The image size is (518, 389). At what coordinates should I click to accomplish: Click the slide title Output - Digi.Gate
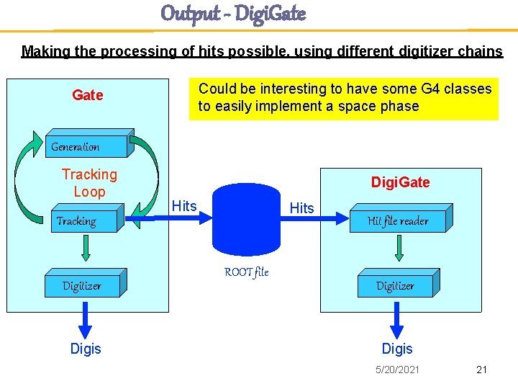point(233,13)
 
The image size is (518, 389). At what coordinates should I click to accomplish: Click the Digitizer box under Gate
point(83,286)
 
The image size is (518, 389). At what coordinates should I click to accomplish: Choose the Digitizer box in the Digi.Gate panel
point(396,286)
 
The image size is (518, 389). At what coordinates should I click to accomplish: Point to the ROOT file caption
point(246,272)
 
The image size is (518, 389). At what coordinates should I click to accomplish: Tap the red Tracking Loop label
point(89,183)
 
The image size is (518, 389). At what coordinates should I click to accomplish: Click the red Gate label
point(88,95)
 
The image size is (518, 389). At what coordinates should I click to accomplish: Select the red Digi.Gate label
point(400,182)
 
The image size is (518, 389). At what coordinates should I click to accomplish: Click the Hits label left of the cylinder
point(184,206)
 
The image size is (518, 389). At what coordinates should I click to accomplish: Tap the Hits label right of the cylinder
point(301,208)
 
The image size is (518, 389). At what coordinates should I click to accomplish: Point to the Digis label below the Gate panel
point(86,349)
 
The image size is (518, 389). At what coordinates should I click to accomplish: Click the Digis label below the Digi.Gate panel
point(397,349)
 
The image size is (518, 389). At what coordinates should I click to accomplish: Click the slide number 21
point(481,370)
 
